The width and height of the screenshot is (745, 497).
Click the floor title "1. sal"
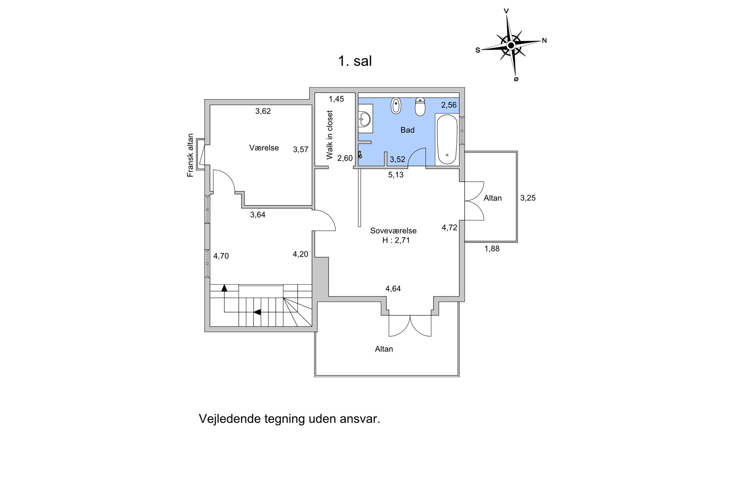click(x=355, y=61)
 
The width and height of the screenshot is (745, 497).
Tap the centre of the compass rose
click(x=511, y=46)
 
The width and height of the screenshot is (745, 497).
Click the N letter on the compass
click(x=544, y=40)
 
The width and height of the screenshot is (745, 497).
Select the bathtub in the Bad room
click(x=447, y=139)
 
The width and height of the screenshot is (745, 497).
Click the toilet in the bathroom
click(x=420, y=107)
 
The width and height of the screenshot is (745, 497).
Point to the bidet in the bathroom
click(x=396, y=106)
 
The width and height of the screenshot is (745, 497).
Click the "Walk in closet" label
click(x=329, y=135)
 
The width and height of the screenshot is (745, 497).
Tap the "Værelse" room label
click(x=264, y=148)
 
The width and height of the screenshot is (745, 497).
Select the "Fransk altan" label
click(x=191, y=156)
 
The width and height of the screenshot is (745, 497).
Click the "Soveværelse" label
click(x=393, y=231)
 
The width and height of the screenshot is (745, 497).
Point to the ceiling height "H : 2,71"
click(x=396, y=240)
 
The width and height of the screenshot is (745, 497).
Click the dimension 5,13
click(x=396, y=175)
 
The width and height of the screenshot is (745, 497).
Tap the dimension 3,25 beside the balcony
click(x=528, y=198)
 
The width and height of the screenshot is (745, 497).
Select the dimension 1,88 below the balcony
click(x=492, y=248)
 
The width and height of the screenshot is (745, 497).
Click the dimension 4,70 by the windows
click(x=221, y=256)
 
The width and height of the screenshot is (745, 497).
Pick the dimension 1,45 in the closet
click(x=336, y=99)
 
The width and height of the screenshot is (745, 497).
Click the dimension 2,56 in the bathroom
click(x=449, y=105)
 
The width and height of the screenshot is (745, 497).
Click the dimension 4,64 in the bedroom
click(x=393, y=289)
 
